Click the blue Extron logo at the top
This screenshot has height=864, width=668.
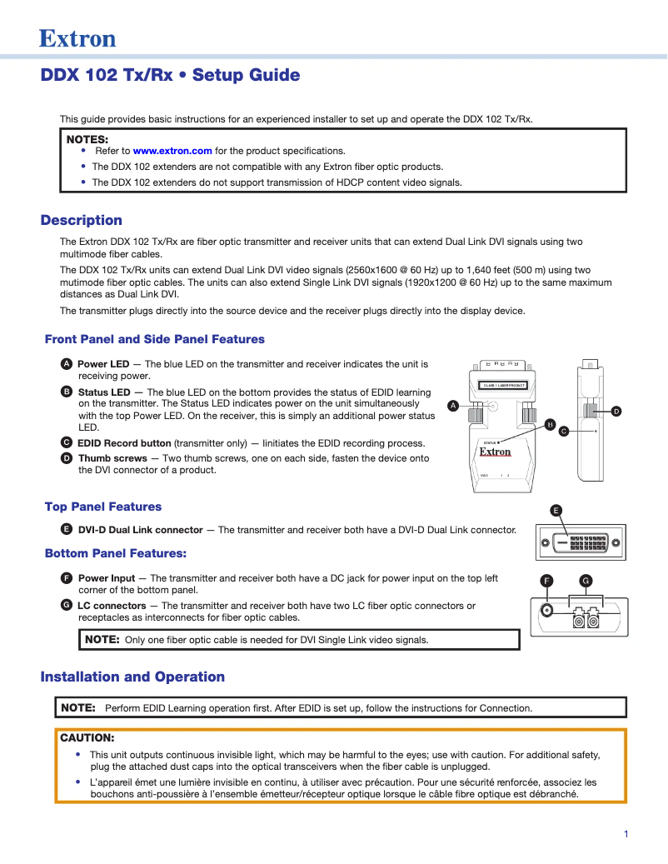tap(77, 38)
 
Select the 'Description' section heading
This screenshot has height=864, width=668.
tap(82, 220)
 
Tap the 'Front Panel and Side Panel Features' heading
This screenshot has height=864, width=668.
tap(154, 339)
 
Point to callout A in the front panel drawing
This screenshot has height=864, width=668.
tap(453, 405)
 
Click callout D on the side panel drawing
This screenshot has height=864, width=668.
tap(616, 411)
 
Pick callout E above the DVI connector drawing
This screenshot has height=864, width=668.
tap(556, 510)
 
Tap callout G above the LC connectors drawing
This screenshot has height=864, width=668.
tap(586, 580)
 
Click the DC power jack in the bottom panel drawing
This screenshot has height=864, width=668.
tap(546, 609)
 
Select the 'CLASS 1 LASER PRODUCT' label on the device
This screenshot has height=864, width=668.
tap(504, 386)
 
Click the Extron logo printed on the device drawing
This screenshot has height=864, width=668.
tap(495, 452)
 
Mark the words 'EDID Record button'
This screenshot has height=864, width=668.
tap(124, 443)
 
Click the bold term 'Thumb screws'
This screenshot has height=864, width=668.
tap(112, 458)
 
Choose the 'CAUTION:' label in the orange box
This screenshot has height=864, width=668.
tap(87, 737)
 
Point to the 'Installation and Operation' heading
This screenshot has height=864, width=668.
tap(132, 677)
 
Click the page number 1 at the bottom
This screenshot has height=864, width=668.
tap(626, 834)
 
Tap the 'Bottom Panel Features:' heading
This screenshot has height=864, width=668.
tap(115, 553)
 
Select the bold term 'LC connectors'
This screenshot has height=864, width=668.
tap(112, 606)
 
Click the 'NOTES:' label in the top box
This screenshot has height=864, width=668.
tap(87, 138)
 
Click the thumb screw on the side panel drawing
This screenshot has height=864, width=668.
tap(591, 411)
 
